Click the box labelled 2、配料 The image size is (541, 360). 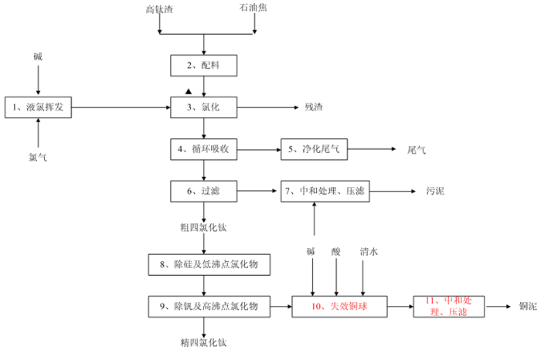point(203,66)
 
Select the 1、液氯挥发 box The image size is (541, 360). point(38,108)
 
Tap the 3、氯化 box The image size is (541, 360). point(203,108)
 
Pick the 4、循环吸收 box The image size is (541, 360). point(203,148)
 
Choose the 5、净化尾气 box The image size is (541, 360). point(314,148)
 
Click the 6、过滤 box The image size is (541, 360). point(203,190)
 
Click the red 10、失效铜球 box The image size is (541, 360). point(339,307)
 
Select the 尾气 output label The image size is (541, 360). point(417,148)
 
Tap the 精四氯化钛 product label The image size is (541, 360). point(203,342)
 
